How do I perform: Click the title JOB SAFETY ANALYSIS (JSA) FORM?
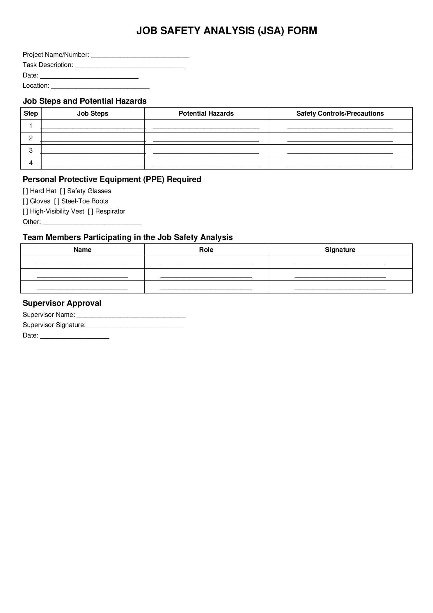point(226,31)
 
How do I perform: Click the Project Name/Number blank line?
point(140,55)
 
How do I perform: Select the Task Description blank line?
point(129,66)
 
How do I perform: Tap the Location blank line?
point(100,86)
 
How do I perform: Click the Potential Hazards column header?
point(206,114)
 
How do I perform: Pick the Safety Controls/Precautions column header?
point(340,114)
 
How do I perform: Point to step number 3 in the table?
point(31,151)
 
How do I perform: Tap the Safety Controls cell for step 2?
point(340,139)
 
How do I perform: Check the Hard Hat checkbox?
point(25,191)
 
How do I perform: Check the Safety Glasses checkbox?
point(63,191)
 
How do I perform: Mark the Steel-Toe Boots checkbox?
point(57,201)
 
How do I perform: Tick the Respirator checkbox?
point(90,211)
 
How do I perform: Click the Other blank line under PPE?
point(92,222)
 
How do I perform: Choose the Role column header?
point(206,250)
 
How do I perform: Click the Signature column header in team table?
point(340,250)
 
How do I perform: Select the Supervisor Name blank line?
point(131,315)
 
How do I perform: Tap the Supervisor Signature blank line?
point(135,326)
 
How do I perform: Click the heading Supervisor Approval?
point(62,303)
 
